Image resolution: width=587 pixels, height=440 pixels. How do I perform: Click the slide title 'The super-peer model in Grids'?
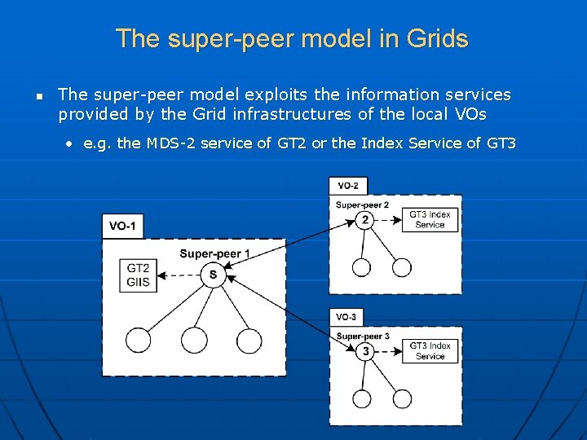coord(292,38)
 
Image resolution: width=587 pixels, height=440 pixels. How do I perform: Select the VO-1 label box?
coord(122,226)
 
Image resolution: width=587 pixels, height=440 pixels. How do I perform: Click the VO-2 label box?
coord(348,186)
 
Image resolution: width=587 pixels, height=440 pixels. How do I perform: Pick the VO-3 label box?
coord(346,317)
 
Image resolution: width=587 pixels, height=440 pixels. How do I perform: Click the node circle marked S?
coord(213,275)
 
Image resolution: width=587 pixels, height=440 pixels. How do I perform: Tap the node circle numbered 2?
coord(364,220)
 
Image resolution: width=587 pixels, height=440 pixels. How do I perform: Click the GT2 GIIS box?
coord(138,275)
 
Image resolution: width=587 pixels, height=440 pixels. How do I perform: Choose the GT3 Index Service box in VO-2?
coord(430,220)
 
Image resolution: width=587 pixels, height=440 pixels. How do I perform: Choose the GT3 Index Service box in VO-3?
coord(430,351)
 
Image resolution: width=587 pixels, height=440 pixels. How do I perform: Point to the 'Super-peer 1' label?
coord(214,253)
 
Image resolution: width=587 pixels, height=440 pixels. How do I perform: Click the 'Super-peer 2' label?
coord(362,205)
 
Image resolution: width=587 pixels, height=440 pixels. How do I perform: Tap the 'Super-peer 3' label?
coord(362,336)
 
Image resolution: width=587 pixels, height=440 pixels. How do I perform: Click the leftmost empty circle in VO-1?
coord(139,340)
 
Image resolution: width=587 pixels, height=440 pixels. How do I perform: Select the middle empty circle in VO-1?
coord(194,340)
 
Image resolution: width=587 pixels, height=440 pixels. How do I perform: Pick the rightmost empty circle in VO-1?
coord(249,340)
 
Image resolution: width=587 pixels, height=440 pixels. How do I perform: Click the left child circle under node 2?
coord(361,267)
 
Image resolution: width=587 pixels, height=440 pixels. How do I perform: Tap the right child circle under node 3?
coord(402,398)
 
